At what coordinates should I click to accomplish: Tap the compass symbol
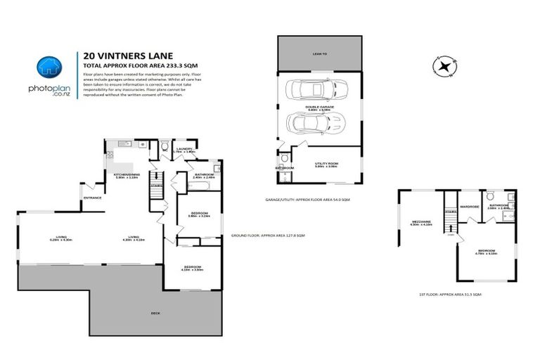pyautogui.click(x=443, y=67)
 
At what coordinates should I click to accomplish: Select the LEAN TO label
pyautogui.click(x=319, y=53)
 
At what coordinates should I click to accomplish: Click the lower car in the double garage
pyautogui.click(x=317, y=124)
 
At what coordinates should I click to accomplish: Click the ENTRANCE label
pyautogui.click(x=93, y=198)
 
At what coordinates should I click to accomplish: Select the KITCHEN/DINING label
pyautogui.click(x=127, y=174)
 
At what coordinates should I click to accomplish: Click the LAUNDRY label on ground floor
pyautogui.click(x=185, y=149)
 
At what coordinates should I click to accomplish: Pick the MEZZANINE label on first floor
pyautogui.click(x=422, y=222)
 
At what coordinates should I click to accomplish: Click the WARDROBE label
pyautogui.click(x=469, y=207)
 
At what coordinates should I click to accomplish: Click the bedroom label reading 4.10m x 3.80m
pyautogui.click(x=193, y=268)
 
